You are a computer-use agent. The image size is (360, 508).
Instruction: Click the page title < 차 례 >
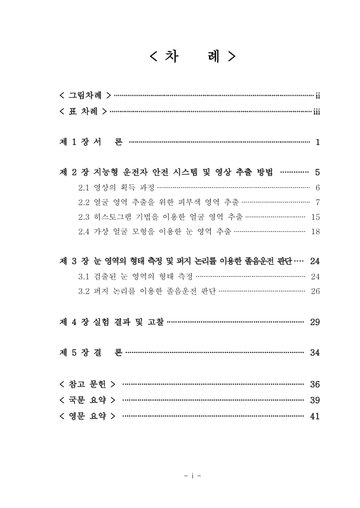pos(192,57)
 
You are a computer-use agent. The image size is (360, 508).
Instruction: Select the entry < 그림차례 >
pos(85,96)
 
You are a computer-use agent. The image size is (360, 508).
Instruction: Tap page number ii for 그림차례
pos(317,96)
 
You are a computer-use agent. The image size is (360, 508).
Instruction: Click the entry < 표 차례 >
pos(82,112)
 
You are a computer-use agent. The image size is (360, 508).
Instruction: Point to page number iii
pos(316,112)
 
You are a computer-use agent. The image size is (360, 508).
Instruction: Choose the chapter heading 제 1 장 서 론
pos(91,142)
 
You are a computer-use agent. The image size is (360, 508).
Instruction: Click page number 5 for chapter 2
pos(317,172)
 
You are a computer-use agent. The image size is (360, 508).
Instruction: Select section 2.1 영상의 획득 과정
pos(116,187)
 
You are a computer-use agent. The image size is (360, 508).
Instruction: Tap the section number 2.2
pos(84,202)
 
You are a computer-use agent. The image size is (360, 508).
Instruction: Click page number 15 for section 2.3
pos(316,217)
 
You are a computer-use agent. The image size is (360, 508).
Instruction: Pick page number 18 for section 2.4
pos(316,231)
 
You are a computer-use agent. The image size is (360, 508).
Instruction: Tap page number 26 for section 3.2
pos(316,291)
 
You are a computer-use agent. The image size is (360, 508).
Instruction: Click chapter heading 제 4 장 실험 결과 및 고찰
pos(111,322)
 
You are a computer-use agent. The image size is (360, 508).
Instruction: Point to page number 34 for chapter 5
pos(315,352)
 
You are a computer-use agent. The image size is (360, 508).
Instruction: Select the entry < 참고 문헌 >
pos(86,384)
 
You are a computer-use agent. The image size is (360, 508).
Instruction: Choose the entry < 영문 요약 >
pos(86,416)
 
